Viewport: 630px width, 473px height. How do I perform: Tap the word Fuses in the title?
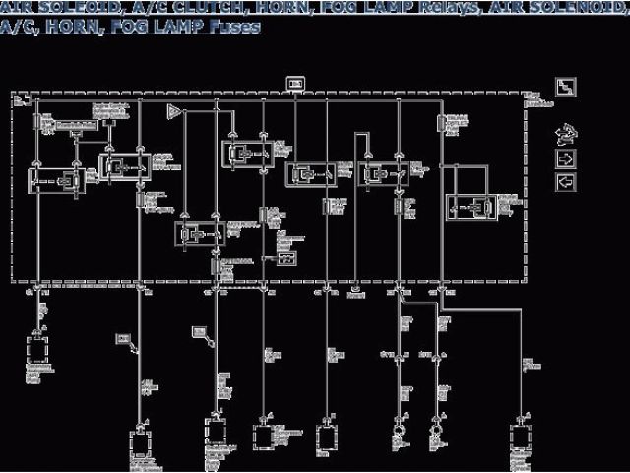[235, 27]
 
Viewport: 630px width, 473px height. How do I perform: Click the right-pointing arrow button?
[565, 158]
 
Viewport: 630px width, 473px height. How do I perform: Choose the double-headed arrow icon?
[565, 133]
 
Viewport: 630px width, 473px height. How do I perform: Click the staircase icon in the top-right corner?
[565, 88]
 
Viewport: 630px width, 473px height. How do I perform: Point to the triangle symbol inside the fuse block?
[174, 111]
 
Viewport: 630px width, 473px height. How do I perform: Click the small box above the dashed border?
[294, 84]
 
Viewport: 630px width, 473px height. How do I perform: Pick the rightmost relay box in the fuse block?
[472, 208]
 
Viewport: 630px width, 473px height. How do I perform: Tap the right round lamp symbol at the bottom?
[434, 432]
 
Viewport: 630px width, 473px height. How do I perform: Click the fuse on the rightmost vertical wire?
[440, 122]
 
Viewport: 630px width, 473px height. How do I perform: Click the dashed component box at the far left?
[38, 350]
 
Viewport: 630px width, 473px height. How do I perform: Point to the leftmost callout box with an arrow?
[124, 339]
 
